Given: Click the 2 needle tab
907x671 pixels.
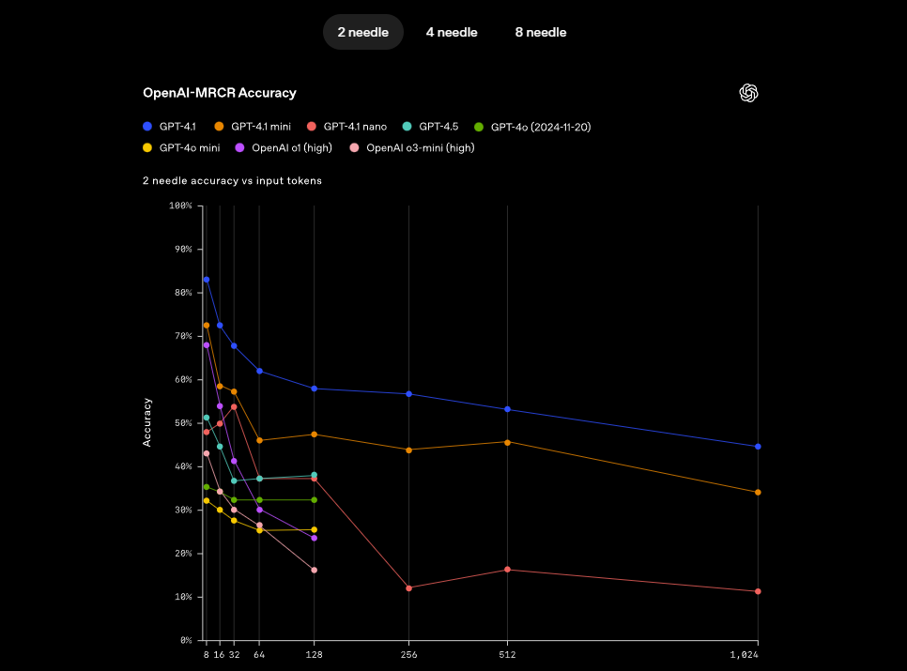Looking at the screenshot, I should [363, 32].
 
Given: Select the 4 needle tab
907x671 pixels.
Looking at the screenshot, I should [452, 32].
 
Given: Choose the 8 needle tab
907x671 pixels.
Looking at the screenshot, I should [540, 32].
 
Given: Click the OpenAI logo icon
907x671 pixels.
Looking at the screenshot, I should [748, 93].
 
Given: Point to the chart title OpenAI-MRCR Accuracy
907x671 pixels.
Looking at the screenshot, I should [219, 93].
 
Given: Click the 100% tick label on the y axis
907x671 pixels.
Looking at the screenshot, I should [179, 206].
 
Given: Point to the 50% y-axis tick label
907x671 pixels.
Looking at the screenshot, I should [181, 423].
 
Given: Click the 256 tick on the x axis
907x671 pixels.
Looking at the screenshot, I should [408, 655].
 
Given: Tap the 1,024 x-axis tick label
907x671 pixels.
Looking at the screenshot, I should [745, 655].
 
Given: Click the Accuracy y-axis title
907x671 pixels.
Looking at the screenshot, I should [147, 422].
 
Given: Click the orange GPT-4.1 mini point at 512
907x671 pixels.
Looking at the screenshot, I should [508, 442].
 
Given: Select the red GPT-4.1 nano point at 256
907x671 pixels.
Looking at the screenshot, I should [408, 587].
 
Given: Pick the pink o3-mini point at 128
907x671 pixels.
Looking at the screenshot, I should [314, 570].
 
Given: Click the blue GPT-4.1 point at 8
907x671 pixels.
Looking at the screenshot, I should [207, 280].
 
